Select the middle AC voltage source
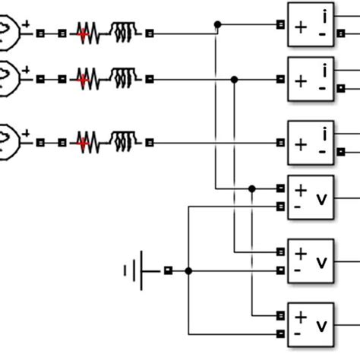coord(9,77)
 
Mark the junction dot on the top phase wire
coord(218,25)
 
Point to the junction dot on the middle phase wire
coord(235,78)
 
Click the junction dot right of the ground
coord(188,270)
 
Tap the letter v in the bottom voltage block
coord(321,327)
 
